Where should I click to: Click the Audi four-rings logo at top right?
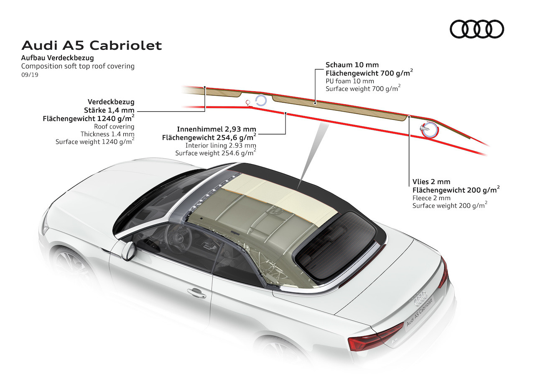477,29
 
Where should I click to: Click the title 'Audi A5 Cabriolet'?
92,46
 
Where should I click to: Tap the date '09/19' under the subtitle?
30,75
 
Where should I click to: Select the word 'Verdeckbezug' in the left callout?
111,102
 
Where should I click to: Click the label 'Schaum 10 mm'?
352,65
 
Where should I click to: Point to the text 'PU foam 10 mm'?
350,81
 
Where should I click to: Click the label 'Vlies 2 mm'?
431,182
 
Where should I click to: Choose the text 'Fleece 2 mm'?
431,198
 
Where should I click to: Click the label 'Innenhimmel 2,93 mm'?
217,129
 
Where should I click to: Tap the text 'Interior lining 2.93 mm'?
221,145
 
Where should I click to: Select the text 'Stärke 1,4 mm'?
109,110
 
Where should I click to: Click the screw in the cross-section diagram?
424,129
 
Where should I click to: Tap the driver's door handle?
197,293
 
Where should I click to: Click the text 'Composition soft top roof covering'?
78,66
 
